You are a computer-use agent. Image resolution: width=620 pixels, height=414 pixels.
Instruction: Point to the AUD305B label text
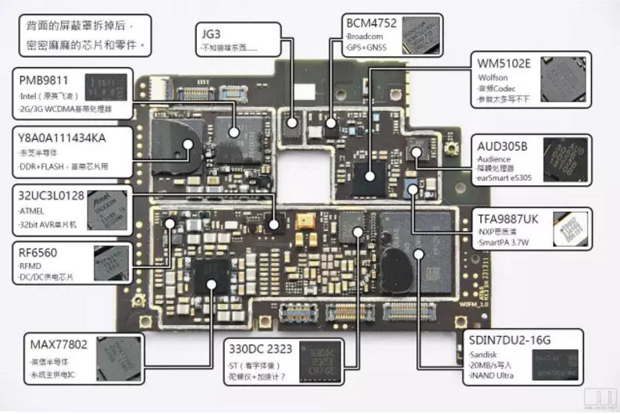tap(502, 146)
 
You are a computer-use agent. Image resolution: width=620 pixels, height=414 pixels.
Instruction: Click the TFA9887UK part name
tap(508, 220)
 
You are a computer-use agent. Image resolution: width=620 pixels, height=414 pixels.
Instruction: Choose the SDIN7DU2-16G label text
tap(509, 340)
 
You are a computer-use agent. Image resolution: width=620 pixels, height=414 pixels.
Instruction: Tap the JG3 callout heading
tap(212, 34)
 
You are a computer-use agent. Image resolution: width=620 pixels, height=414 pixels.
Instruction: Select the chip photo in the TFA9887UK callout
tap(570, 229)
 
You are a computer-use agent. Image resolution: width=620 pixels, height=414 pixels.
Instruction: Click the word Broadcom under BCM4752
tap(364, 37)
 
